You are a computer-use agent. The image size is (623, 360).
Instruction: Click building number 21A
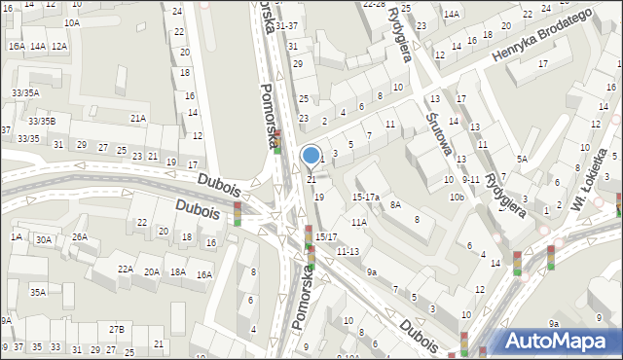pos(138,119)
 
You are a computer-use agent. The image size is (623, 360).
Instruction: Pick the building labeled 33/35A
pos(25,92)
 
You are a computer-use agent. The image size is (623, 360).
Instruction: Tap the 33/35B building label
pos(42,121)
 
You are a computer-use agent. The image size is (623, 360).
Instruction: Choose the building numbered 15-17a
pos(366,197)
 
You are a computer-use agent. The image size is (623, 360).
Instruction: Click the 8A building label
pos(395,205)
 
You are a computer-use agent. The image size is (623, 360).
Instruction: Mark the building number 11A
pos(359,223)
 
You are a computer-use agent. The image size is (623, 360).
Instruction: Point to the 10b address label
pos(456,198)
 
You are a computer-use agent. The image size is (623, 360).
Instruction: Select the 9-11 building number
pos(471,179)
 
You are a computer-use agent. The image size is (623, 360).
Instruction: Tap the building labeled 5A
pos(522,159)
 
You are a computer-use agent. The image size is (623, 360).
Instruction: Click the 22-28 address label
pos(374,4)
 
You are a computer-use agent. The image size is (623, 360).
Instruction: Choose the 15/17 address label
pos(326,237)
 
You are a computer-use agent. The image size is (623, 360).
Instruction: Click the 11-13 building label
pos(348,251)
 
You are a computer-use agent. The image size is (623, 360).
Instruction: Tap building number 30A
pos(44,239)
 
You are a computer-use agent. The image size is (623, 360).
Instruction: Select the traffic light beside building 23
pos(276,141)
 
